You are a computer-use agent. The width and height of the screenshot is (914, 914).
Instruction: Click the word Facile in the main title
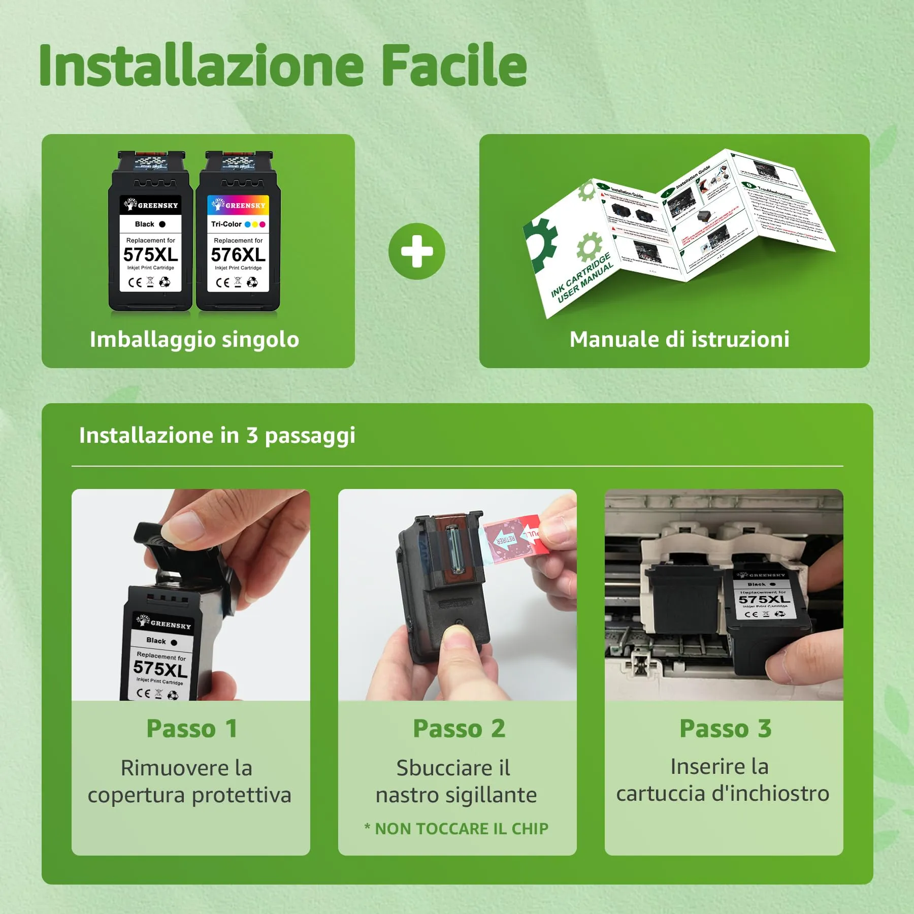click(x=453, y=66)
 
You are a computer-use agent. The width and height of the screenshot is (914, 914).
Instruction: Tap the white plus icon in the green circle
click(x=416, y=251)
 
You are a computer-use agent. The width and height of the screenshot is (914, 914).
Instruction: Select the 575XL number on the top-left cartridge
click(x=150, y=254)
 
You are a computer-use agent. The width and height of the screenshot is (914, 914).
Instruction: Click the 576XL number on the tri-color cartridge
click(x=238, y=254)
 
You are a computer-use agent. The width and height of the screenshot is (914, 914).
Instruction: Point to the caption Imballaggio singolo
click(x=194, y=339)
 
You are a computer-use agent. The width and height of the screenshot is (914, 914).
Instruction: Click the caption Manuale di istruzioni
click(x=679, y=339)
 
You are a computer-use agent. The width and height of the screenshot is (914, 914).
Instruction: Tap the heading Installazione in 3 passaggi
click(x=217, y=436)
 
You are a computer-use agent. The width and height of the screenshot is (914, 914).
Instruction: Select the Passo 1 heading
click(x=191, y=729)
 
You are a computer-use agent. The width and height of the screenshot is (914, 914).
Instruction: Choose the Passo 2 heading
click(x=459, y=729)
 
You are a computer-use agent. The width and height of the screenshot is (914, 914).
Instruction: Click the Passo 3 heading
click(x=725, y=729)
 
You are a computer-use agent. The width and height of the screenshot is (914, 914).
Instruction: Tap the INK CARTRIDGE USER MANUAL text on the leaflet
click(x=582, y=279)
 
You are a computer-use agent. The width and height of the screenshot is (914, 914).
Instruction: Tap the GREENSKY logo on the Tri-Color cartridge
click(x=239, y=205)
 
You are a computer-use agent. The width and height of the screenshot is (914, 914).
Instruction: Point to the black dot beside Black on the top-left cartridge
click(x=162, y=224)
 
